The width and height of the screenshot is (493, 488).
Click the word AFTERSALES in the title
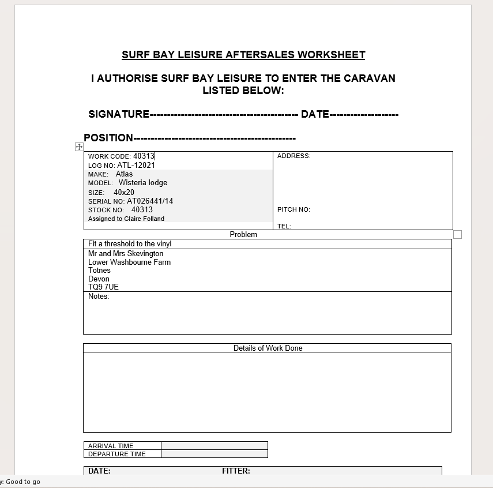[x=260, y=55]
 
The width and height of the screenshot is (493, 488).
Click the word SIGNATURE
[x=119, y=114]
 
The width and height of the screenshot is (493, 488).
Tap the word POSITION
[x=108, y=138]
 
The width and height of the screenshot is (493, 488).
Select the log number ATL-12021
[x=136, y=166]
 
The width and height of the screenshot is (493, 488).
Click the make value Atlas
[x=124, y=174]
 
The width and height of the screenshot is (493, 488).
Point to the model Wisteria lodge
[x=143, y=183]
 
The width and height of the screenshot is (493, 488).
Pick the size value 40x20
[x=124, y=193]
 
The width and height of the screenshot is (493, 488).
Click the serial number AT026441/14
[x=150, y=201]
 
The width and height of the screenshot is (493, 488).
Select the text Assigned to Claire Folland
[x=126, y=219]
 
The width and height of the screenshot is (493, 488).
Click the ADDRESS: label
[x=293, y=156]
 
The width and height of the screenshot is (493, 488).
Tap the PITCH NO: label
[x=293, y=210]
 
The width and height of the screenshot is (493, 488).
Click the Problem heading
[x=243, y=235]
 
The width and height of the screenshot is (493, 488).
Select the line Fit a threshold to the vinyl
[x=130, y=244]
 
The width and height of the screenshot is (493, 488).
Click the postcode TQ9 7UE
[x=103, y=287]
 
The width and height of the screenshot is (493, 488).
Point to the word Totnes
[x=99, y=271]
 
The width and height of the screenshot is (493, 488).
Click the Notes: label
[x=99, y=296]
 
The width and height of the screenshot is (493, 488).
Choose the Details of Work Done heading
[x=268, y=348]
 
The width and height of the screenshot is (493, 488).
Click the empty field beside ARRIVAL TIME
[x=214, y=446]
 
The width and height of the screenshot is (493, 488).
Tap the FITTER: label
[x=236, y=471]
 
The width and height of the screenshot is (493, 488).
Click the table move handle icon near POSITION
[x=80, y=147]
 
